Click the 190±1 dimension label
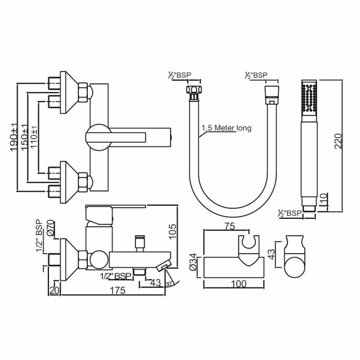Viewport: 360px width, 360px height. [x=14, y=137]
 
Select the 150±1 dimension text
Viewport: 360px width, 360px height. [x=24, y=138]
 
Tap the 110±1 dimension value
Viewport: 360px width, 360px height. [x=34, y=137]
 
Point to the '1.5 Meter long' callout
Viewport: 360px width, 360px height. [x=227, y=128]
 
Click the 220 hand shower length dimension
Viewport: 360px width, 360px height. [x=338, y=141]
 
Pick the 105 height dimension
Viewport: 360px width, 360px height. [x=172, y=231]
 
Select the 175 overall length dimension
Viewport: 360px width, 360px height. [x=118, y=290]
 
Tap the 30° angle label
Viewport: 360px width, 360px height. [x=169, y=284]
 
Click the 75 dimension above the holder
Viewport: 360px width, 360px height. [x=230, y=226]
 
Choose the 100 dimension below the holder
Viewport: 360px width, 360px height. [x=239, y=284]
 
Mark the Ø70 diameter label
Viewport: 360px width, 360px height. [x=50, y=228]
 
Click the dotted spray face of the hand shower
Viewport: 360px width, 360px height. [x=309, y=98]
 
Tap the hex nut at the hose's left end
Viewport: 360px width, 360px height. [x=194, y=90]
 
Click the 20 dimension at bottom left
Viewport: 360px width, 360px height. [x=54, y=290]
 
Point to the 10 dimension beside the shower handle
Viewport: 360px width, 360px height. [x=323, y=200]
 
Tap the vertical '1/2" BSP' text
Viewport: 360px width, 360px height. [x=40, y=236]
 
